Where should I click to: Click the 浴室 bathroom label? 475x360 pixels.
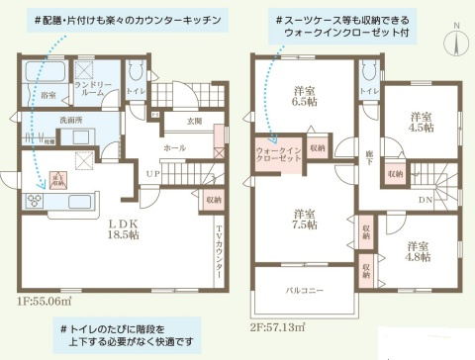coord(48,95)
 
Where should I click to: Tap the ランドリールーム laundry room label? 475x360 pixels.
coord(102,90)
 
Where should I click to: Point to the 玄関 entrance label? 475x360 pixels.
coord(194,121)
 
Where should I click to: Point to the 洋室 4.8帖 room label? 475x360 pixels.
coord(416,249)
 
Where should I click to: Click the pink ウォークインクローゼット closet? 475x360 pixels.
coord(274,156)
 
